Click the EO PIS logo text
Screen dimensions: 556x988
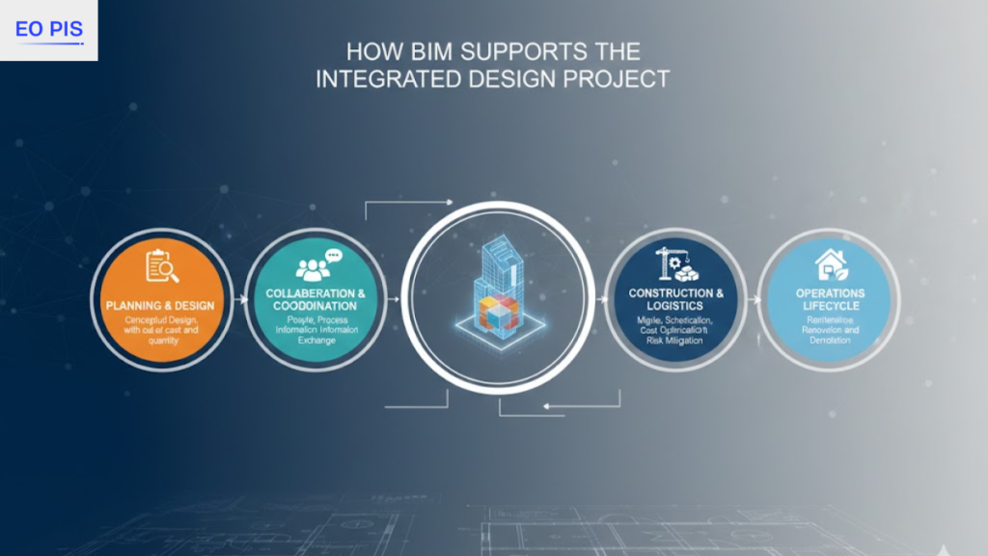(48, 29)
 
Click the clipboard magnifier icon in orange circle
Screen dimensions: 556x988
(160, 267)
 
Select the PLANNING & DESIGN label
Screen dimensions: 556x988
(160, 306)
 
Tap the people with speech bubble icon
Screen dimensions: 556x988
(317, 265)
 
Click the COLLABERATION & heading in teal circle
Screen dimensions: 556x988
(316, 293)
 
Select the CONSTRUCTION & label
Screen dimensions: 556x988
(675, 292)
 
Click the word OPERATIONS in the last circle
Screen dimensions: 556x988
(830, 293)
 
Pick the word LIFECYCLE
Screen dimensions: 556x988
(830, 306)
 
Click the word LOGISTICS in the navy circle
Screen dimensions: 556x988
(675, 305)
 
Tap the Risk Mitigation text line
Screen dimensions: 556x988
(675, 341)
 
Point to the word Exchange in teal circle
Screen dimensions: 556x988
(316, 341)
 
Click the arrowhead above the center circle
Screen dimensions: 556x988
(448, 202)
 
